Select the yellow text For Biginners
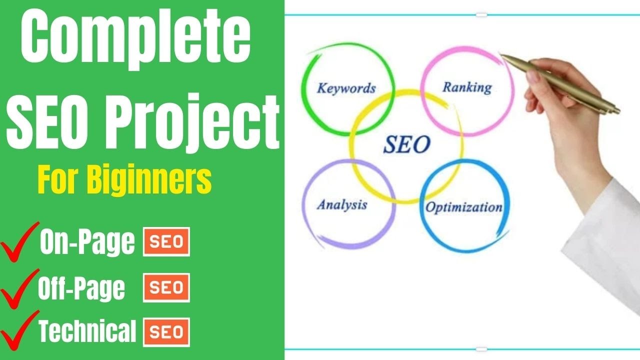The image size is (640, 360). tap(124, 180)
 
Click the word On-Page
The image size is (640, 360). tap(87, 242)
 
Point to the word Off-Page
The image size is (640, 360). tap(81, 288)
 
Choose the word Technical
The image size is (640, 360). tap(87, 331)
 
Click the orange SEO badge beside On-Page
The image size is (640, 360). tap(166, 242)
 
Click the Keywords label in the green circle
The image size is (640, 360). tap(346, 89)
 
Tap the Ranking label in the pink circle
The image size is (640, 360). tap(467, 87)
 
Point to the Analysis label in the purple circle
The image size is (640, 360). tap(342, 204)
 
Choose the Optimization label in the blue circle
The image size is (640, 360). tap(463, 207)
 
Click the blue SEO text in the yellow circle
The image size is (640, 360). tap(406, 144)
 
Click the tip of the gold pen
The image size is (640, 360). tap(502, 56)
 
